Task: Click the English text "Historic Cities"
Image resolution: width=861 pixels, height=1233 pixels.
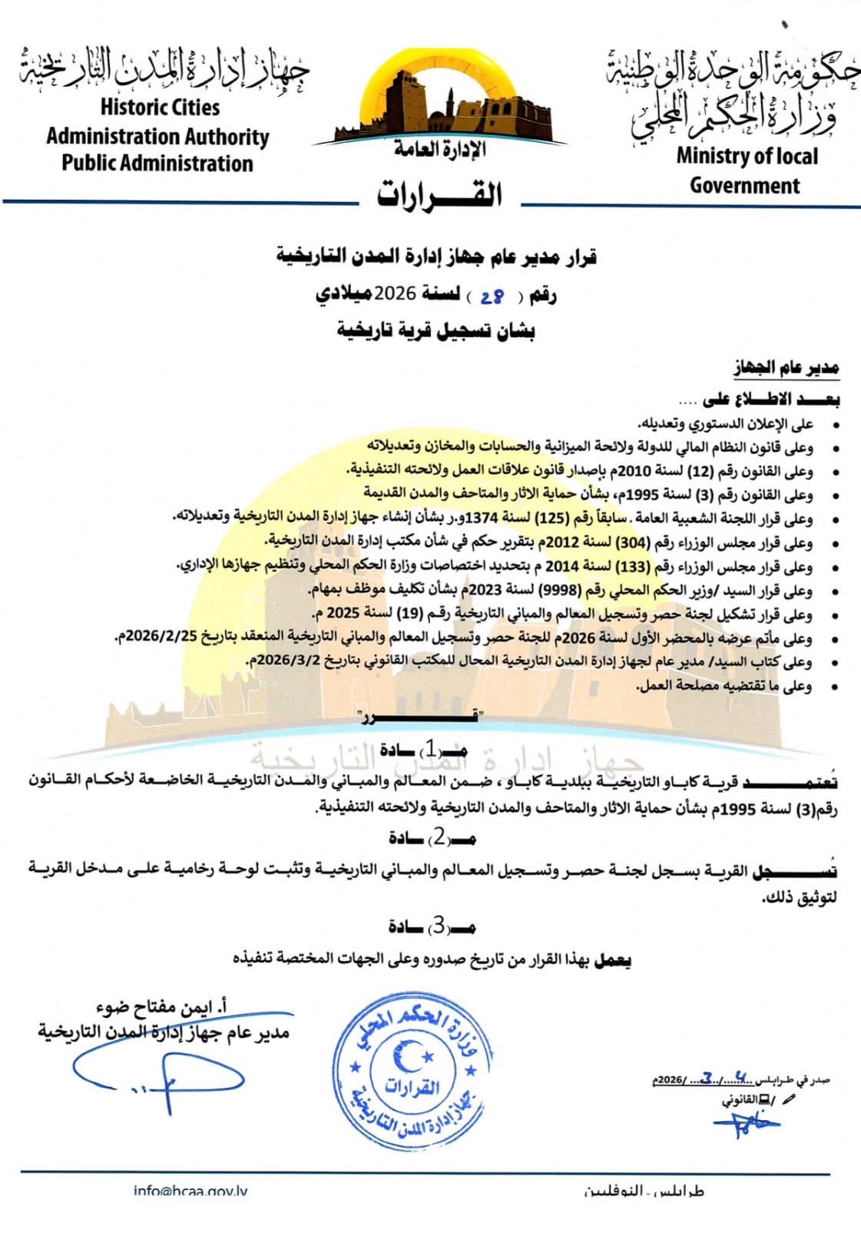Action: [160, 108]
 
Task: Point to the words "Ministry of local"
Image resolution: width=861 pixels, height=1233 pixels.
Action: [747, 156]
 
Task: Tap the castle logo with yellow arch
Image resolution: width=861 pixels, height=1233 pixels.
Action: [439, 101]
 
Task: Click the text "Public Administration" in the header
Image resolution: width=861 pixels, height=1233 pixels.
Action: [157, 164]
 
